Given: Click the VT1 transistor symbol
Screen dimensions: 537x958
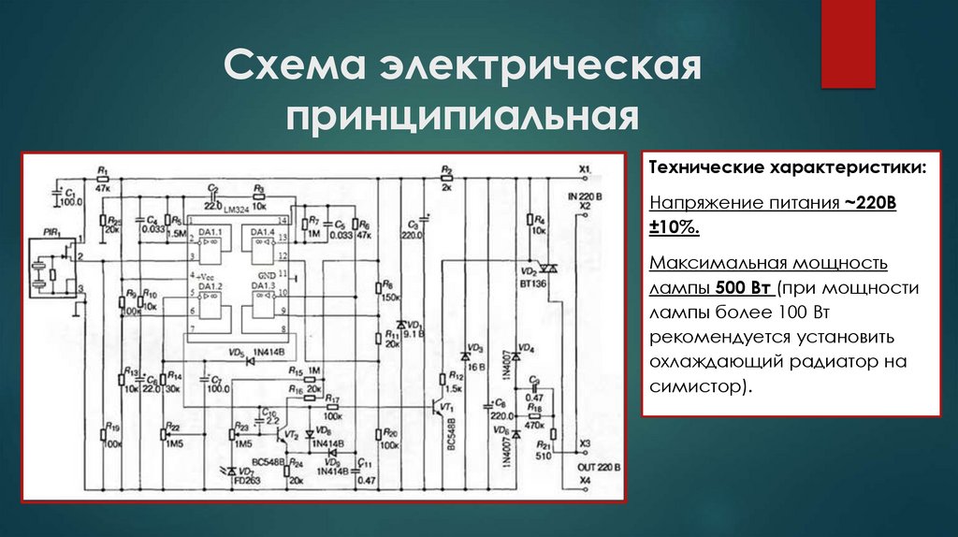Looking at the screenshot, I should [x=441, y=409].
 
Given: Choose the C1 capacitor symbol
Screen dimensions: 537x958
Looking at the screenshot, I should [x=57, y=194].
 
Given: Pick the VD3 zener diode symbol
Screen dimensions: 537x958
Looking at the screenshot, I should [x=464, y=357].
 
